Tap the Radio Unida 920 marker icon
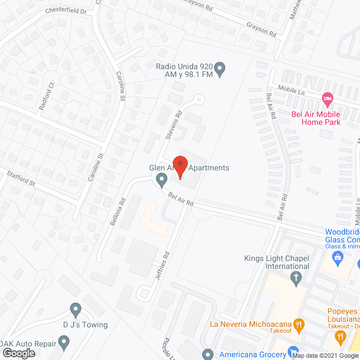point(220,70)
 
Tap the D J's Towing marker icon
point(75,308)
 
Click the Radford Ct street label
point(47,96)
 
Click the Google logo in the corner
point(19,353)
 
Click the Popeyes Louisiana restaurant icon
point(340,336)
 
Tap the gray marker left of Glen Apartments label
point(161,181)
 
